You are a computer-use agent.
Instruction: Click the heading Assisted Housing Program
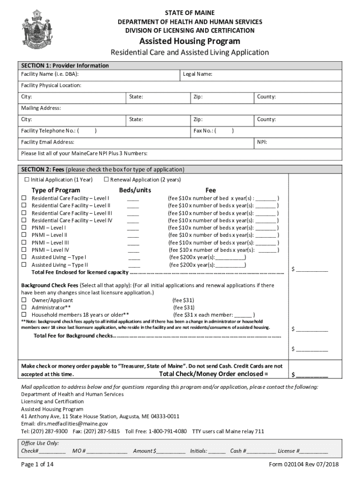(189, 41)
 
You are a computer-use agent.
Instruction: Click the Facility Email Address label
(47, 142)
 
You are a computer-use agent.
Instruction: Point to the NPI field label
(262, 142)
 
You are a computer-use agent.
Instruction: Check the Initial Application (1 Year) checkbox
(27, 180)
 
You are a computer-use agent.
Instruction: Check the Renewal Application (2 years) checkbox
(106, 180)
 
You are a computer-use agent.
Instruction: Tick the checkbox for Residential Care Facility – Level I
(24, 198)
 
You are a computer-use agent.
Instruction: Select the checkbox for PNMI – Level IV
(24, 250)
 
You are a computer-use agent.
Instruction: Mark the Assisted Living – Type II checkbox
(24, 265)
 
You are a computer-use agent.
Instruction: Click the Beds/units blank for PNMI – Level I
(133, 228)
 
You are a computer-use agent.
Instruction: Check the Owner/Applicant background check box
(24, 300)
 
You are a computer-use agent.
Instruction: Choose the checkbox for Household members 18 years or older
(24, 315)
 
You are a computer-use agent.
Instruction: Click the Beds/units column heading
(135, 190)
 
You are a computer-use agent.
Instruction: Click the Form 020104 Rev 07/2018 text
(303, 464)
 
